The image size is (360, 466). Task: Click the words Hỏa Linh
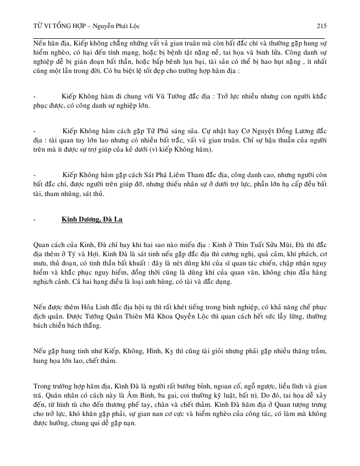(94, 307)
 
